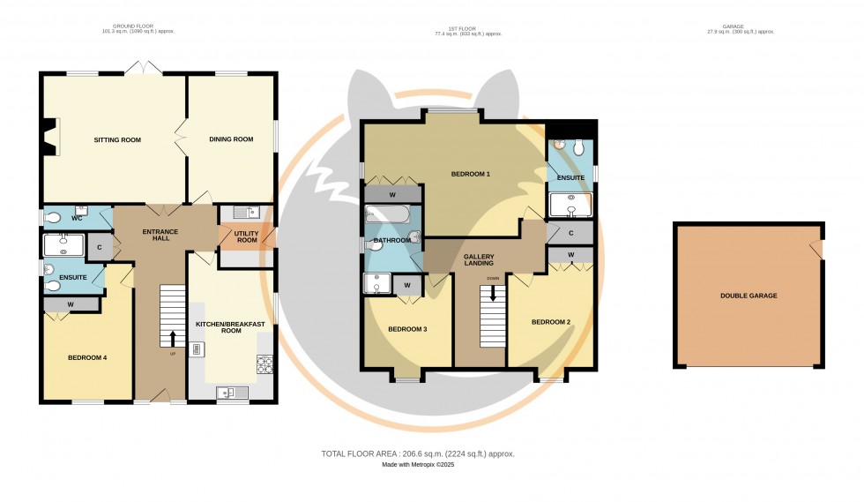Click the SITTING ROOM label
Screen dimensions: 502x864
117,139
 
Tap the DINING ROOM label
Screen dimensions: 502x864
231,139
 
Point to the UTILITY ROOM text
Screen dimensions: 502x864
246,236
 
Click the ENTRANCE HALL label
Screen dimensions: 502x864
160,236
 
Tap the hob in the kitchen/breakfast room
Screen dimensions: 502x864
264,363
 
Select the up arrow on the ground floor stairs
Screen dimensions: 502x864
173,337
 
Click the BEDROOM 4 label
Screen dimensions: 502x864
87,357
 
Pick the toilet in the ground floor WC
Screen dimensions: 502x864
52,217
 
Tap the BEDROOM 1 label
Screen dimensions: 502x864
470,174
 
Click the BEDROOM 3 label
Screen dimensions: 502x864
407,329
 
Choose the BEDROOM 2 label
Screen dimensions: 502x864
550,322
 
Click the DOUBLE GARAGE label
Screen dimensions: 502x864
749,296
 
